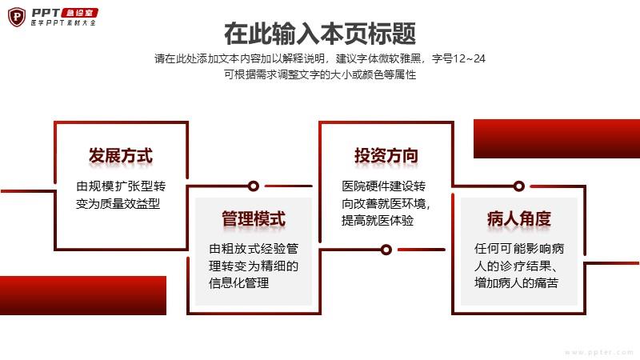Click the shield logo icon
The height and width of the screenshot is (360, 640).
(17, 17)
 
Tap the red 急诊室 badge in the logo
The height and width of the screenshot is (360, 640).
(79, 13)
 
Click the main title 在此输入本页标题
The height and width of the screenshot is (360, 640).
(320, 34)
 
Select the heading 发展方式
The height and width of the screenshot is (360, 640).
(121, 155)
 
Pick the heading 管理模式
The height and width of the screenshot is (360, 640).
(254, 218)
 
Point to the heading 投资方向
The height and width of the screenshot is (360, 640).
(386, 155)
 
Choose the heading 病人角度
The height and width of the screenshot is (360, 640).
(518, 218)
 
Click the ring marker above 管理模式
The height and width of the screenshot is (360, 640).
(254, 186)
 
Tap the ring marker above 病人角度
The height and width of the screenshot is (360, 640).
(518, 186)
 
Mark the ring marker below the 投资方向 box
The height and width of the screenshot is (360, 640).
(386, 250)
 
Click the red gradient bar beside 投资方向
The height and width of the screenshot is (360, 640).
(557, 138)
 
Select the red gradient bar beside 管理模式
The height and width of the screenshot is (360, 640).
(83, 295)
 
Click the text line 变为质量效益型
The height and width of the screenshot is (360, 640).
(118, 203)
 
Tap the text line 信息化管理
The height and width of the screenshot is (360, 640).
(238, 283)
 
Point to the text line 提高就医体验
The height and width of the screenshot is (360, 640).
(378, 221)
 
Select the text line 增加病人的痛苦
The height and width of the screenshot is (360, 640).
(516, 283)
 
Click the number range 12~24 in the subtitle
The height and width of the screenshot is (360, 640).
(469, 58)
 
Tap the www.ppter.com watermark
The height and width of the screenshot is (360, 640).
(599, 352)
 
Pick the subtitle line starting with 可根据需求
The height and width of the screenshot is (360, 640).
(320, 74)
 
